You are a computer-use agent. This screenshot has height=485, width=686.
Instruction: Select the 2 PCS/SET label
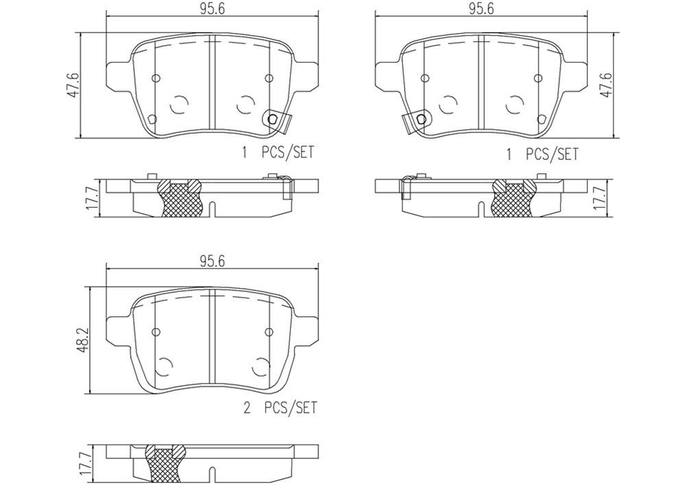click(x=281, y=408)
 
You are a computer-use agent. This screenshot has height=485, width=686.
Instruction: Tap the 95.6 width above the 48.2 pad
click(x=213, y=261)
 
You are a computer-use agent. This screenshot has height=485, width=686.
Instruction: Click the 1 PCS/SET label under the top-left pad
click(x=277, y=152)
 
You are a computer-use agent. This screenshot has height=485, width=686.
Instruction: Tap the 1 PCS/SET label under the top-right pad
click(x=542, y=154)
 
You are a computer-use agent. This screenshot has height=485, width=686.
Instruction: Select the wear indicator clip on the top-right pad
click(x=415, y=121)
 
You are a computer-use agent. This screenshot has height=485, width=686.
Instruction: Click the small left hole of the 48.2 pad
click(x=156, y=332)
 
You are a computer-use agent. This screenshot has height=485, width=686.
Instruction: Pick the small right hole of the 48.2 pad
click(x=269, y=332)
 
